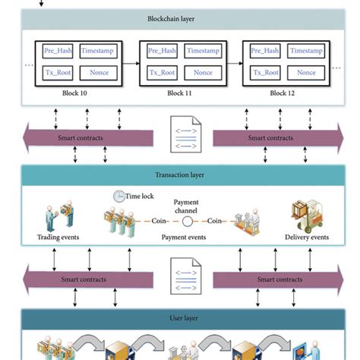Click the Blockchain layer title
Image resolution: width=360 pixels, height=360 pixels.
pos(179,17)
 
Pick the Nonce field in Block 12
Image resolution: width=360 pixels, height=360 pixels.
pos(306,73)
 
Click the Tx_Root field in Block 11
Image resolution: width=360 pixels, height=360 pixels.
pos(160,73)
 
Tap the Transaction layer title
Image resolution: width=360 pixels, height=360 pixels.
pos(179,175)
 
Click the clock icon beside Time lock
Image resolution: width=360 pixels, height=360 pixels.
pos(119,196)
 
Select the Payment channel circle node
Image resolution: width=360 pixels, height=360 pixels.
pos(187,223)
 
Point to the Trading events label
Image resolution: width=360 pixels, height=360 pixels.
pos(57,237)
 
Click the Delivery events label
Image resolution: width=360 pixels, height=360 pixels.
pos(306,237)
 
